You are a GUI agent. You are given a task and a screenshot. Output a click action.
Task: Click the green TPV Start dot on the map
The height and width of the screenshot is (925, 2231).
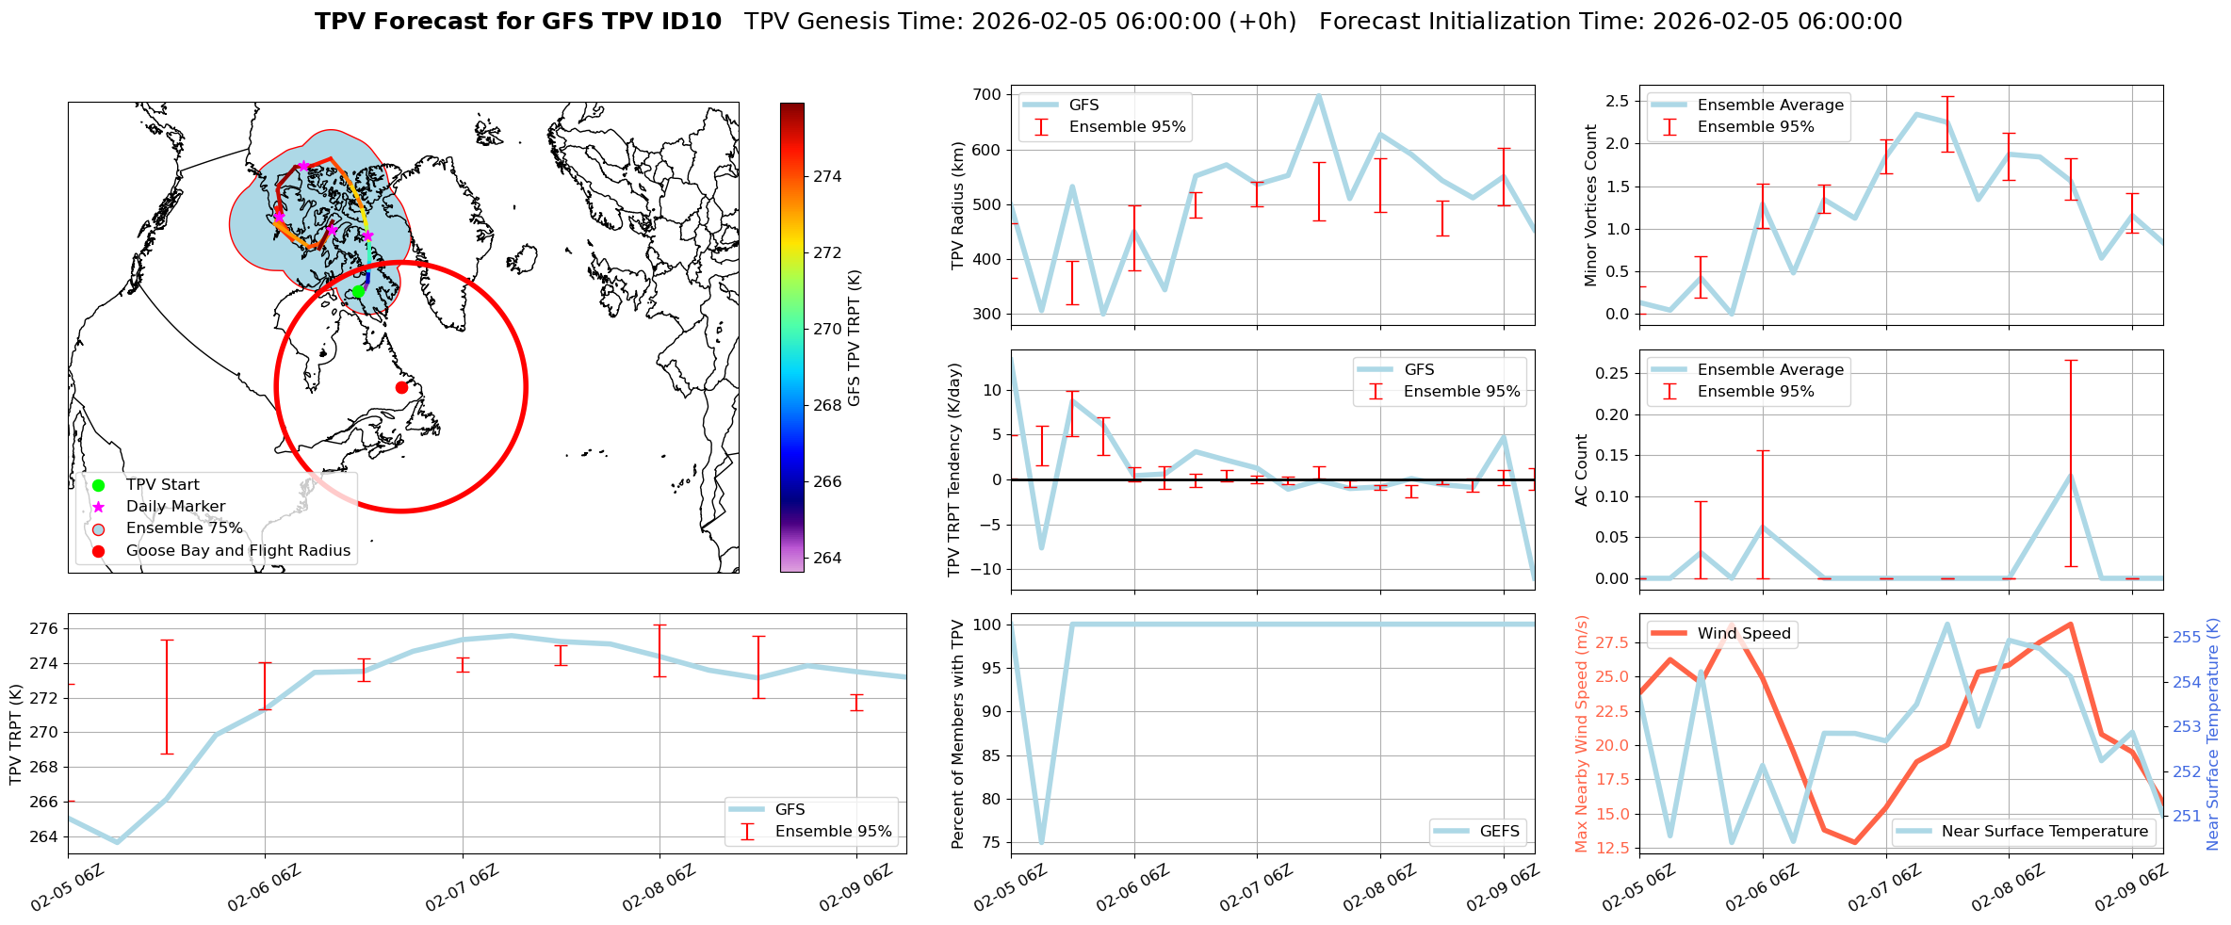pos(358,291)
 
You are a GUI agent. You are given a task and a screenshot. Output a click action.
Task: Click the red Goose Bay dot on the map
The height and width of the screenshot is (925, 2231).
pos(401,387)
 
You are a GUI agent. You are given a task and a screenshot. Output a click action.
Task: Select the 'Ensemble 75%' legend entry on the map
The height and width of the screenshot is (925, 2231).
pos(184,528)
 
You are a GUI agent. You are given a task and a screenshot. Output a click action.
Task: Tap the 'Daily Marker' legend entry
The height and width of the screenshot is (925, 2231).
pos(175,507)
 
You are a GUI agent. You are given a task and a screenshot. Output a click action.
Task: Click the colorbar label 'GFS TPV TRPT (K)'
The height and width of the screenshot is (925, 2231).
pos(855,338)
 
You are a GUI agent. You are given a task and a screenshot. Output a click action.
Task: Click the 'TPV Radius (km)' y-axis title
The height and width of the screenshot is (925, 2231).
pos(958,205)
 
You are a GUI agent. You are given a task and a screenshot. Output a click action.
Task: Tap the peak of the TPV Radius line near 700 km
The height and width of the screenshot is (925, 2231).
pos(1318,95)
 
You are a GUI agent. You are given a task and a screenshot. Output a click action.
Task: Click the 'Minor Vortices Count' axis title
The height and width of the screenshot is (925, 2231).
pos(1591,205)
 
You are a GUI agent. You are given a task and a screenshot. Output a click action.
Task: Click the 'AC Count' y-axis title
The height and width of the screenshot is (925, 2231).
pos(1582,470)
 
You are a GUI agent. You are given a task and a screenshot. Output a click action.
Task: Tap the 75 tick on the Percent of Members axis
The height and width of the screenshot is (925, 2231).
pos(990,843)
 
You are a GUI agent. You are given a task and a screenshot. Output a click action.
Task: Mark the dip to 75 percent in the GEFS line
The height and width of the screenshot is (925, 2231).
pos(1041,842)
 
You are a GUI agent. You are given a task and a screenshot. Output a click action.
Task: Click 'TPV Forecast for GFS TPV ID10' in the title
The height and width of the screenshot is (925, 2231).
pos(517,22)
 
